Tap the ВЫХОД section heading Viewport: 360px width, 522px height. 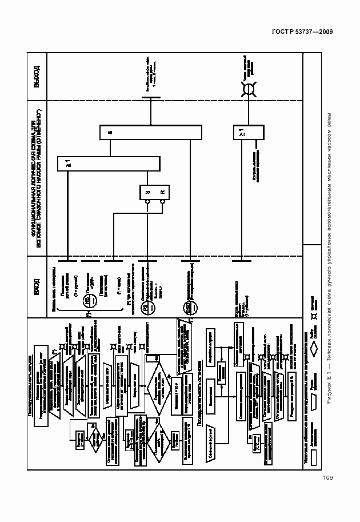pyautogui.click(x=37, y=77)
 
